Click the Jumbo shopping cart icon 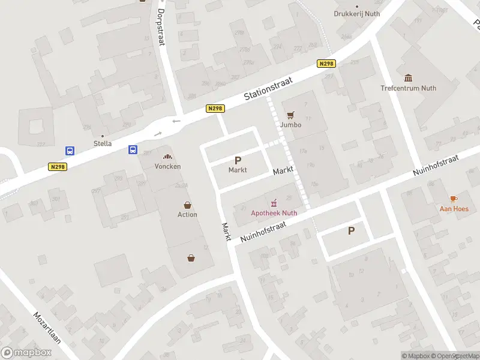[x=291, y=115]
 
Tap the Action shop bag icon [x=187, y=205]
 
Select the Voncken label [x=167, y=166]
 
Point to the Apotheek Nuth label [x=274, y=212]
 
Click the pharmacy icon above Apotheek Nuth [x=274, y=202]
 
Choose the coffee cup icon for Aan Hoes [x=454, y=199]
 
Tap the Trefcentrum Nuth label [x=408, y=88]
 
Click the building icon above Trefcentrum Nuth [x=409, y=78]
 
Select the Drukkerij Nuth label [x=358, y=14]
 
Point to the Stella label [x=103, y=143]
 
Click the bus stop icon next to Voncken [x=133, y=150]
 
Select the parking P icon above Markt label [x=238, y=160]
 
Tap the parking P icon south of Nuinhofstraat [x=351, y=230]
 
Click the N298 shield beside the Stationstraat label [x=215, y=108]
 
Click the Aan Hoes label [x=454, y=209]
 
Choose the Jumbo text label [x=290, y=125]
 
